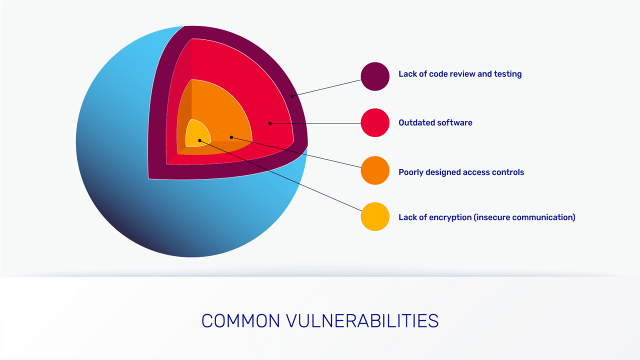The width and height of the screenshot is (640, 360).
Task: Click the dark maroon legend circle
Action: coord(375,76)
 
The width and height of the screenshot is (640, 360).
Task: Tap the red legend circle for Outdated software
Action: coord(375,122)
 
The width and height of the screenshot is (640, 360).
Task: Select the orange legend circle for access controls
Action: coord(375,170)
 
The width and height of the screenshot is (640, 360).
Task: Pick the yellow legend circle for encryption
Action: coord(375,216)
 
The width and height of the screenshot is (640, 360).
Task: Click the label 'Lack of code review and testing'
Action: coord(460,74)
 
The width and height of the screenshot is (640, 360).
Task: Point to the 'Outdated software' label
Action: coord(435,122)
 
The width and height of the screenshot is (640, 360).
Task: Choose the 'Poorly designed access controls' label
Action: coord(461,172)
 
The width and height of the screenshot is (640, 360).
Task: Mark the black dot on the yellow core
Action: coord(199,140)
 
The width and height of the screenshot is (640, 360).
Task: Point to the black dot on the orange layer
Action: coord(231,137)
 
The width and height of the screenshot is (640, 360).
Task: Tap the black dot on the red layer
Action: coord(269,122)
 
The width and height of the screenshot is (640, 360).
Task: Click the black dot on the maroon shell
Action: coord(292,95)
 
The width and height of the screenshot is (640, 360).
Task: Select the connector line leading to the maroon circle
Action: coord(327,86)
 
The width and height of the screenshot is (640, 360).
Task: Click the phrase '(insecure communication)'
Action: coord(524,217)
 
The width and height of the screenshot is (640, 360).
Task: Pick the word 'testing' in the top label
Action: coord(508,74)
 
